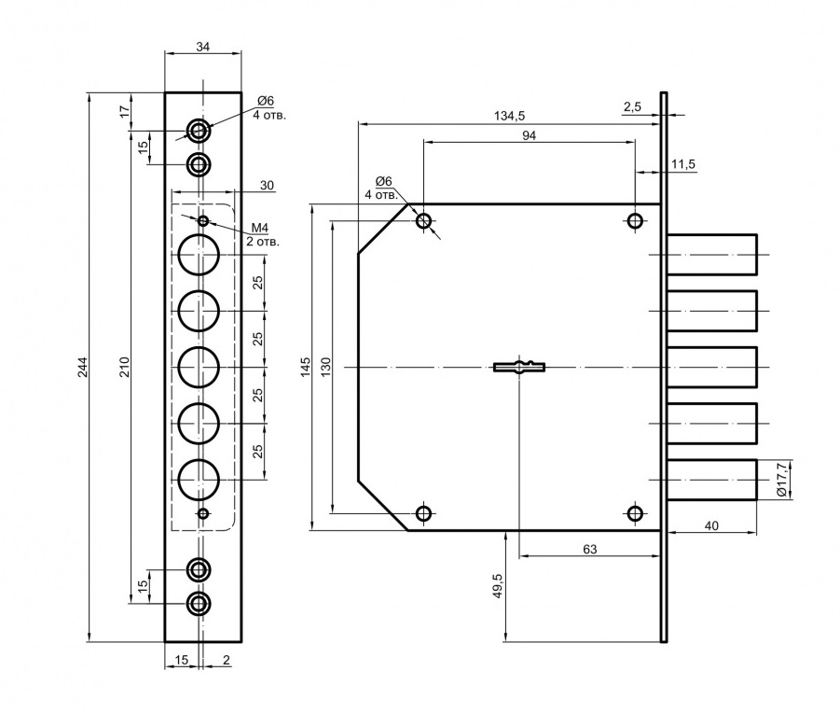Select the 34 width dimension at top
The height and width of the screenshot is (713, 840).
pos(203,47)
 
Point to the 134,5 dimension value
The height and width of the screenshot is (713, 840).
pos(510,116)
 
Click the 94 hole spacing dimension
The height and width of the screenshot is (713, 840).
pos(530,134)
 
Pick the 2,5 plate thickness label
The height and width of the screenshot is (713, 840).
pos(631,107)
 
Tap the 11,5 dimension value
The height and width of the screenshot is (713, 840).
pos(682,164)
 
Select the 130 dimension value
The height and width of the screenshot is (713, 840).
pos(325,366)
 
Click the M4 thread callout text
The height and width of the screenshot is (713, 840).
pos(260,228)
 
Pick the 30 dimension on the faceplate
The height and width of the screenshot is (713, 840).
pos(267,186)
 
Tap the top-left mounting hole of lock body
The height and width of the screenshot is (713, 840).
pos(424,221)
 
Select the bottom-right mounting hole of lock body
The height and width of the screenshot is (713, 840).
pos(635,513)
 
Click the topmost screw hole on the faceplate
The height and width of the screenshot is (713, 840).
pos(199,129)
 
